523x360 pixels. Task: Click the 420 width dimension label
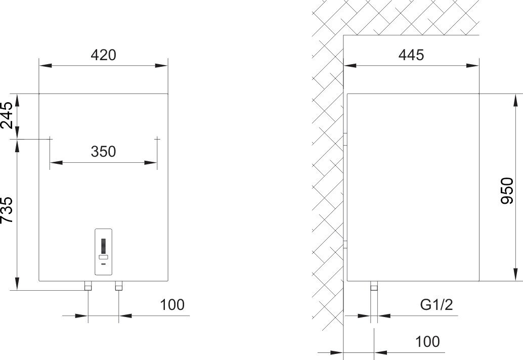(103, 55)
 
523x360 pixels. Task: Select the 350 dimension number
(103, 152)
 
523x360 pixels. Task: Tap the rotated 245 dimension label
(7, 115)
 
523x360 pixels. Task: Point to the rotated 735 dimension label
(7, 210)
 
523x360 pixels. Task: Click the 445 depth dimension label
(411, 55)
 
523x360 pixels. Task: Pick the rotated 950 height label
(508, 191)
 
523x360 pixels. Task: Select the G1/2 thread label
(437, 305)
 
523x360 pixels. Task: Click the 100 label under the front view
(172, 305)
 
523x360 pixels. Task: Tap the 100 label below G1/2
(427, 342)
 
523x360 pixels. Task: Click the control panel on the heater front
(103, 252)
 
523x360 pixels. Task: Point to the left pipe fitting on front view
(88, 286)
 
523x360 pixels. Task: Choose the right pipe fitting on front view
(119, 286)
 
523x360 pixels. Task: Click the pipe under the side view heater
(374, 286)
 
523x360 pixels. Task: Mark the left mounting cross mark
(50, 139)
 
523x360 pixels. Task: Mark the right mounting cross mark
(157, 139)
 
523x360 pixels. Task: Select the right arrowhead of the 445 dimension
(472, 65)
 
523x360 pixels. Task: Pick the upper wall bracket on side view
(345, 140)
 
